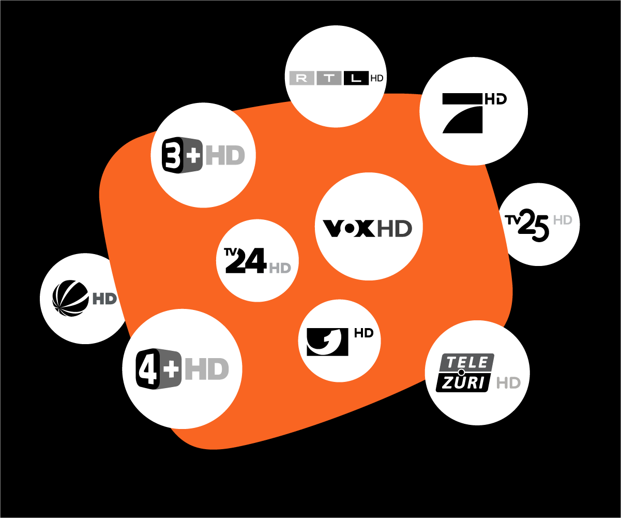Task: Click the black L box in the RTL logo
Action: (356, 78)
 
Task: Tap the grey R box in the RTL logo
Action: (301, 78)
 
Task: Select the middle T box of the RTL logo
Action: (329, 78)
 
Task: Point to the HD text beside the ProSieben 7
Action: (495, 99)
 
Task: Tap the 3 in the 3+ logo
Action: (173, 155)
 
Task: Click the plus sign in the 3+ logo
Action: (193, 155)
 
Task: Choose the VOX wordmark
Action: (349, 228)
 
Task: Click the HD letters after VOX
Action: (394, 228)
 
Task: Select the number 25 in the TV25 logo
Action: (534, 226)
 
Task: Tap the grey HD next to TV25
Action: (563, 220)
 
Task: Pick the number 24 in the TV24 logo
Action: (247, 261)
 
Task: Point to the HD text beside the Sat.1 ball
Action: (105, 299)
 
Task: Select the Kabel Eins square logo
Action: (327, 342)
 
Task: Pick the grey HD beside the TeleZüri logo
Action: (508, 383)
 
